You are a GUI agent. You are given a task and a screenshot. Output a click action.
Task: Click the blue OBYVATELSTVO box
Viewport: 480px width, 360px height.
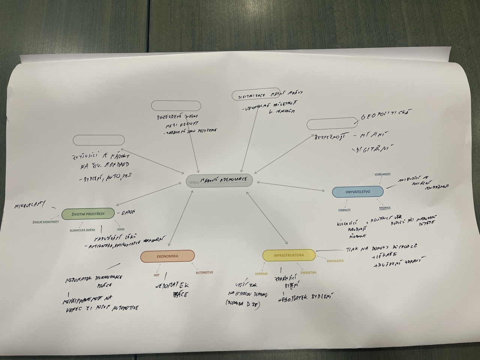pyautogui.click(x=358, y=192)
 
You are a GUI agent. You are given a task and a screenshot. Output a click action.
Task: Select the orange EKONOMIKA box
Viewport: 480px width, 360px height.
pyautogui.click(x=168, y=256)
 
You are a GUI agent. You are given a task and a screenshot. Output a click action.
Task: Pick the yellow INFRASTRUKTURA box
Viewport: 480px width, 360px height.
pyautogui.click(x=289, y=255)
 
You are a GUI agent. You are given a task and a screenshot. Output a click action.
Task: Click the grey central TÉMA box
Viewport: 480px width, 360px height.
pyautogui.click(x=219, y=181)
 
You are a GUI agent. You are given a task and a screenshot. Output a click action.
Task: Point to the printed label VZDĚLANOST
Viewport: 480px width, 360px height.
pyautogui.click(x=382, y=174)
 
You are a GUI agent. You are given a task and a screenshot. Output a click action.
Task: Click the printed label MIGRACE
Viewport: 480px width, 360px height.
pyautogui.click(x=385, y=208)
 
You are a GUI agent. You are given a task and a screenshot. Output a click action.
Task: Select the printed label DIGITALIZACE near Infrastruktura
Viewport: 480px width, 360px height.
pyautogui.click(x=335, y=261)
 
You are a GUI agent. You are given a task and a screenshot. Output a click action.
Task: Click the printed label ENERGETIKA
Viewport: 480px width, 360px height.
pyautogui.click(x=308, y=273)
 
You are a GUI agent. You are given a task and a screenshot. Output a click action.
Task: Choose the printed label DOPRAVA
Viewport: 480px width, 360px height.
pyautogui.click(x=261, y=274)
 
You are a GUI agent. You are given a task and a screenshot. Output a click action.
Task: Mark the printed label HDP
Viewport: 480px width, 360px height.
pyautogui.click(x=156, y=275)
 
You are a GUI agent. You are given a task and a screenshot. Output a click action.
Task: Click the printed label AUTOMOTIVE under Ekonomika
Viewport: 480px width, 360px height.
pyautogui.click(x=204, y=272)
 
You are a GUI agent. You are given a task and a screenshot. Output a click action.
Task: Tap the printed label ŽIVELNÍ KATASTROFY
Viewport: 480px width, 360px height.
pyautogui.click(x=46, y=222)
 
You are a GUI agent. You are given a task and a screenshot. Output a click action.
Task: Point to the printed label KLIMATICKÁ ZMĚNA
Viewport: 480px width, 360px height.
pyautogui.click(x=82, y=230)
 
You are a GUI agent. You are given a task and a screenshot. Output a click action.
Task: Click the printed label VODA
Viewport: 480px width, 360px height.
pyautogui.click(x=121, y=229)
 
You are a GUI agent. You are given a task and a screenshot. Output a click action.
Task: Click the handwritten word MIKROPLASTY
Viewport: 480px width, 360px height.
pyautogui.click(x=29, y=205)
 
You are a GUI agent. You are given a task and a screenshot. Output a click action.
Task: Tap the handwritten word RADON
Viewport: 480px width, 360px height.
pyautogui.click(x=128, y=212)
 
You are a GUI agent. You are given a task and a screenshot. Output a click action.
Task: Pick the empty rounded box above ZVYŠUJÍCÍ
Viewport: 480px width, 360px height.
pyautogui.click(x=99, y=140)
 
